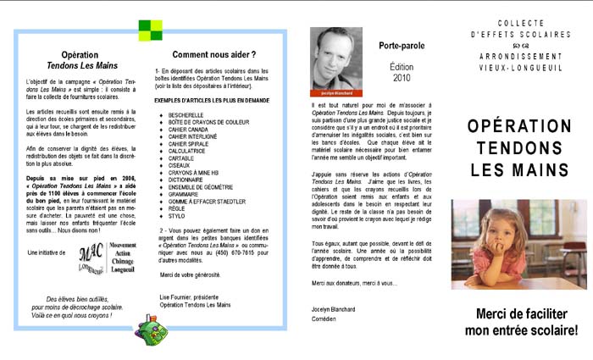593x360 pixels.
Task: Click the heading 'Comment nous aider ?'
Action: coord(213,55)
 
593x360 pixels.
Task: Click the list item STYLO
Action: coord(176,215)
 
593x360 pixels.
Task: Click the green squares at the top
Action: coord(150,30)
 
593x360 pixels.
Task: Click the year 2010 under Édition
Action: coord(401,77)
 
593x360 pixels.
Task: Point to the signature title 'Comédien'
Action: coord(326,320)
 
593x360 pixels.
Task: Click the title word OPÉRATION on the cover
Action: coord(518,126)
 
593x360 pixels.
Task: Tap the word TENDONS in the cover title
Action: coord(518,148)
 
